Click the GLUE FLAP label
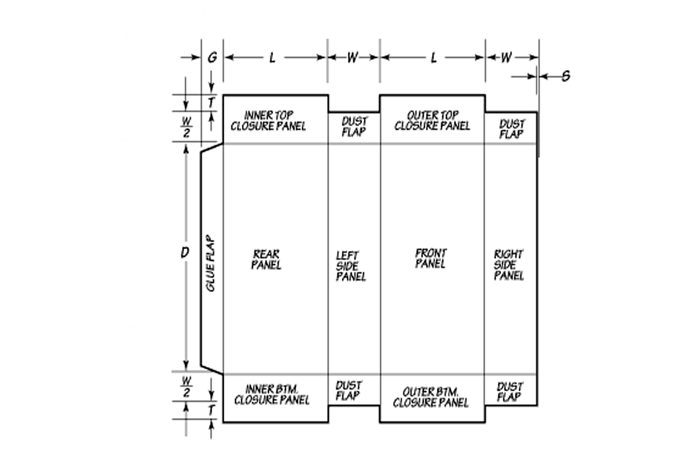210,263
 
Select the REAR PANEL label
266,259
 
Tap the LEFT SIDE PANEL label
351,265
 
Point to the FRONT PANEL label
431,259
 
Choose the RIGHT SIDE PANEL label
509,265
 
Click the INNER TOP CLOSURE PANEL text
268,121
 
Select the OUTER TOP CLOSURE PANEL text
432,120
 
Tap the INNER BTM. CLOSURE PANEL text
272,395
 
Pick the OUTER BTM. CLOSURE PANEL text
431,397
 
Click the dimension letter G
212,57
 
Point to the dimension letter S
566,76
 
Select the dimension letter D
185,252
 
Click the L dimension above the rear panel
272,58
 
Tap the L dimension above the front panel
434,58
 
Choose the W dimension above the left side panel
353,57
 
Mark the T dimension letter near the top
211,103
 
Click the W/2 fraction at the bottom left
186,387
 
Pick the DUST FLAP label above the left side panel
354,127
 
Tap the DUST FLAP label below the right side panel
510,392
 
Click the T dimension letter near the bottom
211,410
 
